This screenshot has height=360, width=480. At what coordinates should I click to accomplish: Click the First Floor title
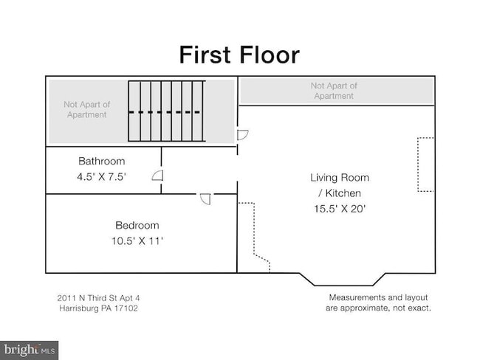(239, 55)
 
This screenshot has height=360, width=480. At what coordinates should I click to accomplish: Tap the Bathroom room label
(102, 162)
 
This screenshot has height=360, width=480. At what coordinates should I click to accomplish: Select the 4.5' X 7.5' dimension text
(102, 177)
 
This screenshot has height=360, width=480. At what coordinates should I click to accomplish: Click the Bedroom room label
(137, 226)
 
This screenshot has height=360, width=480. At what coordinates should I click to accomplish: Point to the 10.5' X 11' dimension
(137, 241)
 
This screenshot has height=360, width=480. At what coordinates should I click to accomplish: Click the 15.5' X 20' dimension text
(340, 209)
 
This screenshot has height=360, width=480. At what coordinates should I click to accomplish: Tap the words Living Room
(340, 178)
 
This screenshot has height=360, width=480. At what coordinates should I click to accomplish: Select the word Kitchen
(343, 193)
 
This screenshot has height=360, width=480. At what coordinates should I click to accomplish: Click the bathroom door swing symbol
(157, 176)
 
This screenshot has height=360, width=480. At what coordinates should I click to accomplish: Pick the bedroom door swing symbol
(205, 198)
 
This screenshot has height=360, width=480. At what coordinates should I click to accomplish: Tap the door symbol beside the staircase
(243, 135)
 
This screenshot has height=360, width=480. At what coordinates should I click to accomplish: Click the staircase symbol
(167, 111)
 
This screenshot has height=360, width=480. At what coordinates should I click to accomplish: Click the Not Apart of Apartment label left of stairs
(86, 109)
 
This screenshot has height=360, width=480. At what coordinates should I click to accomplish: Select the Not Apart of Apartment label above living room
(334, 91)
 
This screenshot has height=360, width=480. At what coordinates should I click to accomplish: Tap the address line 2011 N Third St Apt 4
(98, 298)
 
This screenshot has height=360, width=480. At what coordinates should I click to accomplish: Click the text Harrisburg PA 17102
(98, 308)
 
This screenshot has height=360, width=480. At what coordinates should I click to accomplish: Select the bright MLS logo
(29, 350)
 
